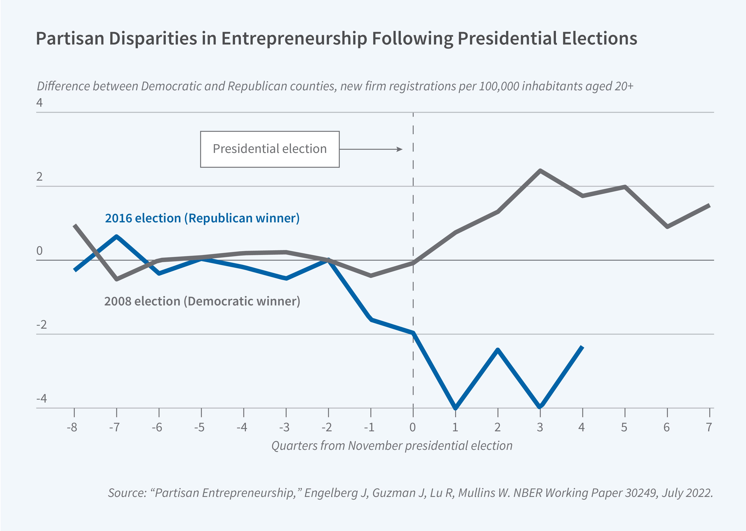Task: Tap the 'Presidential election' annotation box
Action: click(270, 149)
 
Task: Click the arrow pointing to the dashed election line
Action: click(371, 150)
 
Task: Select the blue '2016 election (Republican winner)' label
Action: click(202, 218)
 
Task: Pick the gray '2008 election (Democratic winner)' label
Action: click(202, 301)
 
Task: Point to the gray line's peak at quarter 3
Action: click(540, 171)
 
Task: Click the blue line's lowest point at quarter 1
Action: click(456, 408)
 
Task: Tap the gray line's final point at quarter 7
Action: click(709, 205)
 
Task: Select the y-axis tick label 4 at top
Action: click(40, 103)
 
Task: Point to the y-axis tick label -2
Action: click(42, 325)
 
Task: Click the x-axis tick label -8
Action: click(72, 427)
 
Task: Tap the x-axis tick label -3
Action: click(284, 427)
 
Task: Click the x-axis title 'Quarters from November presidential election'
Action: click(392, 446)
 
